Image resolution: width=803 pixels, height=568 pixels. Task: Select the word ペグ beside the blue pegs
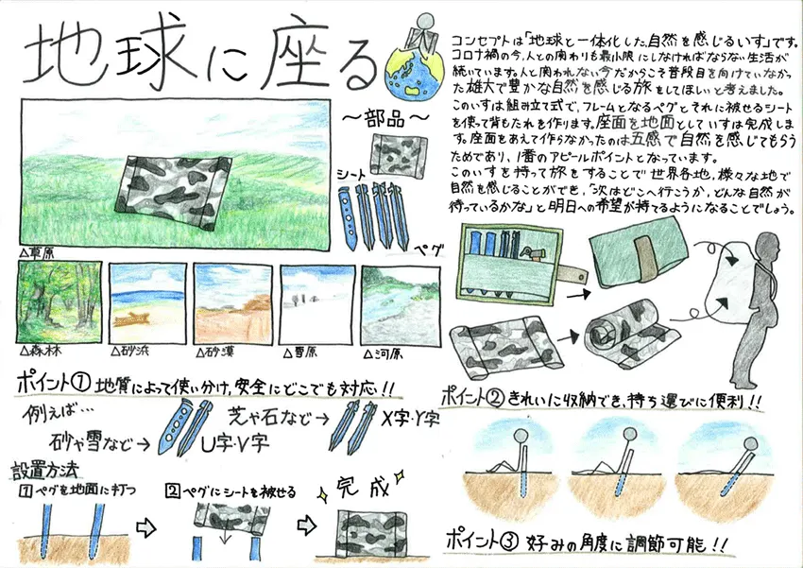(431, 250)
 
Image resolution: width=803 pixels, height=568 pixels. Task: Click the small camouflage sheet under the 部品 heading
(389, 153)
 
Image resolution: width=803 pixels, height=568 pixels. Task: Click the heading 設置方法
(46, 469)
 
